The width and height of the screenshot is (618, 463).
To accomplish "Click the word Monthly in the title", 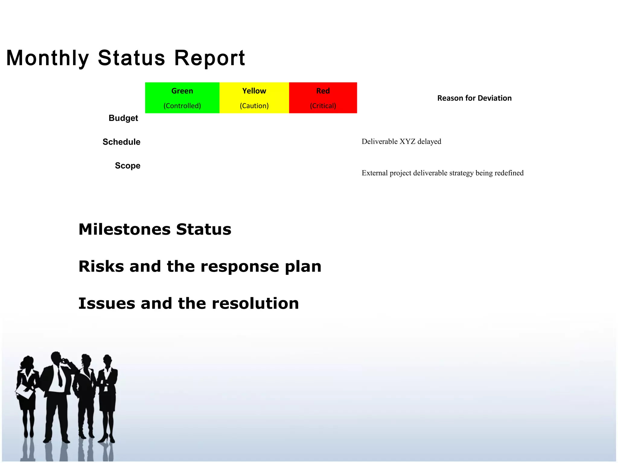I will click(48, 58).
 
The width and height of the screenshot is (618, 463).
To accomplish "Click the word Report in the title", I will click(209, 58).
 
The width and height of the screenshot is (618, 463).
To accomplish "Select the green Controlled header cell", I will click(182, 98).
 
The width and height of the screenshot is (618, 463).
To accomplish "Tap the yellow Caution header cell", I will click(254, 98).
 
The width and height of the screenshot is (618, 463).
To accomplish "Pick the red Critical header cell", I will click(323, 98).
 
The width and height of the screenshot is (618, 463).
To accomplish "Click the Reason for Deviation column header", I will click(474, 98).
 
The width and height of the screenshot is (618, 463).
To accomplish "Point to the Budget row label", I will click(123, 118).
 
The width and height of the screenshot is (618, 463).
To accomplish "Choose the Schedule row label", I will click(121, 142).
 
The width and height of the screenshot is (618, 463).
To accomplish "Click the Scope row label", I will click(127, 166).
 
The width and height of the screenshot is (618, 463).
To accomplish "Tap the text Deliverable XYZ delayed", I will click(401, 142).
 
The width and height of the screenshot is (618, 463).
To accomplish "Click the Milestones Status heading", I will click(155, 229).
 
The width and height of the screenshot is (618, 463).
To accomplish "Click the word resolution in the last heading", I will click(255, 304).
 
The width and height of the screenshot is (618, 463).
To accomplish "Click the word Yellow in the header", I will click(254, 91).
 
